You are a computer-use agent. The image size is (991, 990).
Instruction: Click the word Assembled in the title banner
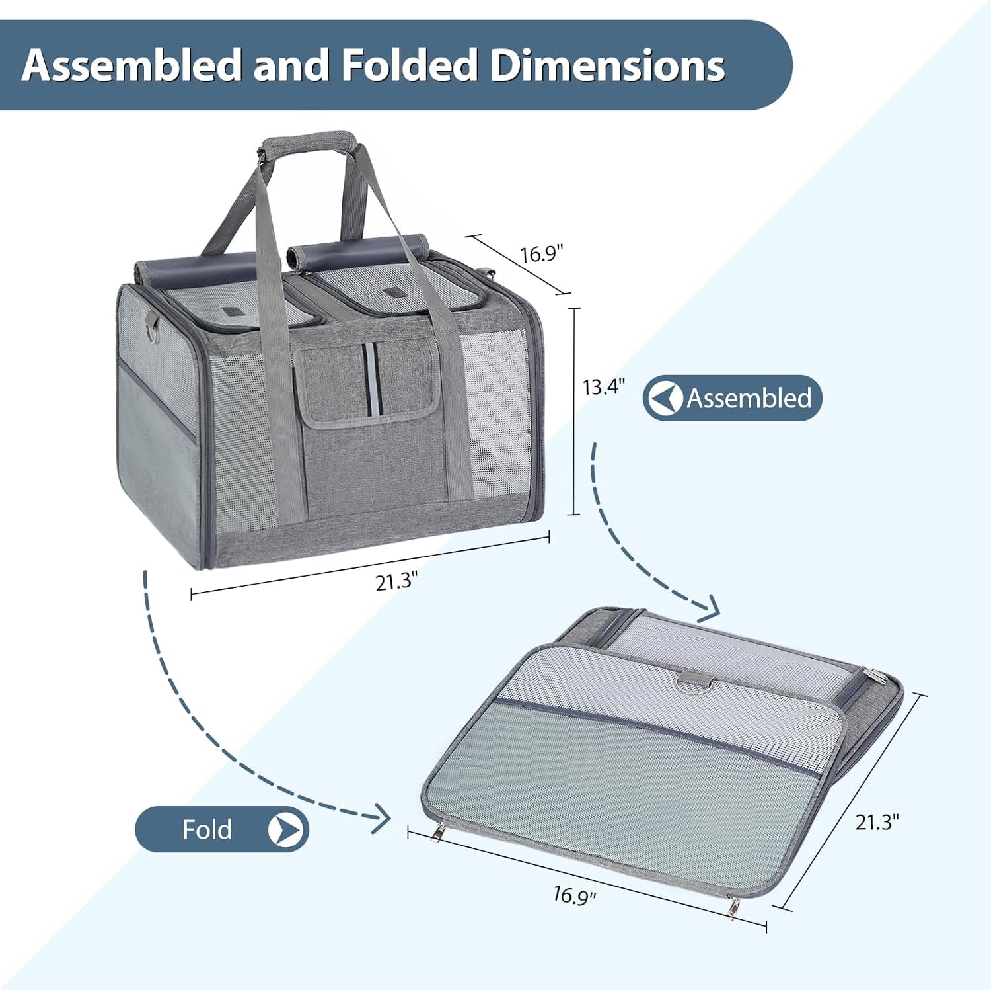[132, 65]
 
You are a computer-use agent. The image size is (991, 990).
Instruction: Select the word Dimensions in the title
[608, 65]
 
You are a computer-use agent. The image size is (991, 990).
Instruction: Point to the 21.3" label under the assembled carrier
[396, 581]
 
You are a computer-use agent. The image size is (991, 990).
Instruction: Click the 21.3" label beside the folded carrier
[877, 822]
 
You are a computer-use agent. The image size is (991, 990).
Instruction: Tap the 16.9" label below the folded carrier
[575, 895]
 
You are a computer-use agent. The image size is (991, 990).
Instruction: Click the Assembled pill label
[733, 398]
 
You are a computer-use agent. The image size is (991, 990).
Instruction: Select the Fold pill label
[222, 829]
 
